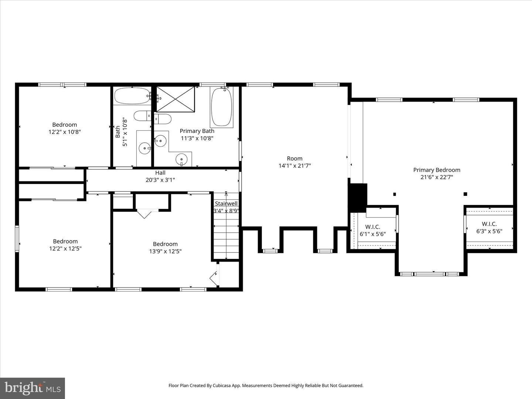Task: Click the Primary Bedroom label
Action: coord(437,170)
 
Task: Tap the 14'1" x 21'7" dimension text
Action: coord(294,166)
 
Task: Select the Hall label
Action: coord(160,173)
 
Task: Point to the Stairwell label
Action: coord(226,204)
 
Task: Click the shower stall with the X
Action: coord(175,99)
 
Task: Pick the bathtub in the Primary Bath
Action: coord(222,107)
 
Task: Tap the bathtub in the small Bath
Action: coord(132,96)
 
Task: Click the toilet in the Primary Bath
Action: coord(163,119)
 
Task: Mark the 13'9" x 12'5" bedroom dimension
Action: coord(165,251)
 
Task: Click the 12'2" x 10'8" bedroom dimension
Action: coord(65,132)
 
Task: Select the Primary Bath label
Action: coord(197,131)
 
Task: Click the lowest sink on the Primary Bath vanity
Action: coord(181,160)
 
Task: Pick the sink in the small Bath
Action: coord(145,148)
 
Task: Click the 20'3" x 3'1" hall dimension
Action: coord(160,180)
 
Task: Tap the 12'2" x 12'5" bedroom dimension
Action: coord(65,249)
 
